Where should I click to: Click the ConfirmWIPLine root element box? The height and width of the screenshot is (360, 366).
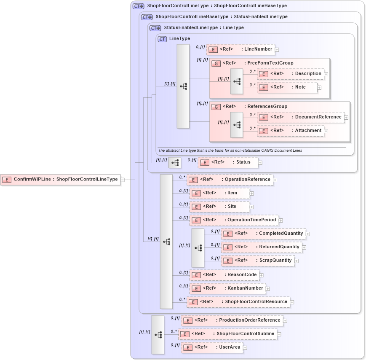pyautogui.click(x=60, y=179)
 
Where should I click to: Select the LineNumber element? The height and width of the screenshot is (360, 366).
pyautogui.click(x=240, y=49)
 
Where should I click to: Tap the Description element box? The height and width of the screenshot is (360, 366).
pyautogui.click(x=290, y=74)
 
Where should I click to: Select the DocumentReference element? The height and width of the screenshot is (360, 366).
pyautogui.click(x=300, y=117)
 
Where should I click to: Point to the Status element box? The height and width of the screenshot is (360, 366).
pyautogui.click(x=227, y=162)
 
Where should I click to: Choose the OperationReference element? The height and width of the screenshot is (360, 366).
pyautogui.click(x=230, y=180)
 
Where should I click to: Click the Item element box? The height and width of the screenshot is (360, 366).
pyautogui.click(x=219, y=193)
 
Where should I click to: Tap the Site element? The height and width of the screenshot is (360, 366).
pyautogui.click(x=219, y=207)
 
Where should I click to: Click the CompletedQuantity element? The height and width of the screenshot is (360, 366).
pyautogui.click(x=263, y=234)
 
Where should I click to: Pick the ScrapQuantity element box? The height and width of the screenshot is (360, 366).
pyautogui.click(x=258, y=261)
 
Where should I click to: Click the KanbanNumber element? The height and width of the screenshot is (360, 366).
pyautogui.click(x=227, y=288)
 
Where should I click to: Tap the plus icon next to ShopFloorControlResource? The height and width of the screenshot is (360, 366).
pyautogui.click(x=292, y=302)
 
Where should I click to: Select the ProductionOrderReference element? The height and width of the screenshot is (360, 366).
pyautogui.click(x=232, y=320)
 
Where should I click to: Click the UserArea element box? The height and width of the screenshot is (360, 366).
pyautogui.click(x=212, y=347)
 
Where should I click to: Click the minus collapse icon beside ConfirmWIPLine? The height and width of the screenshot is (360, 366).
pyautogui.click(x=123, y=180)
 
